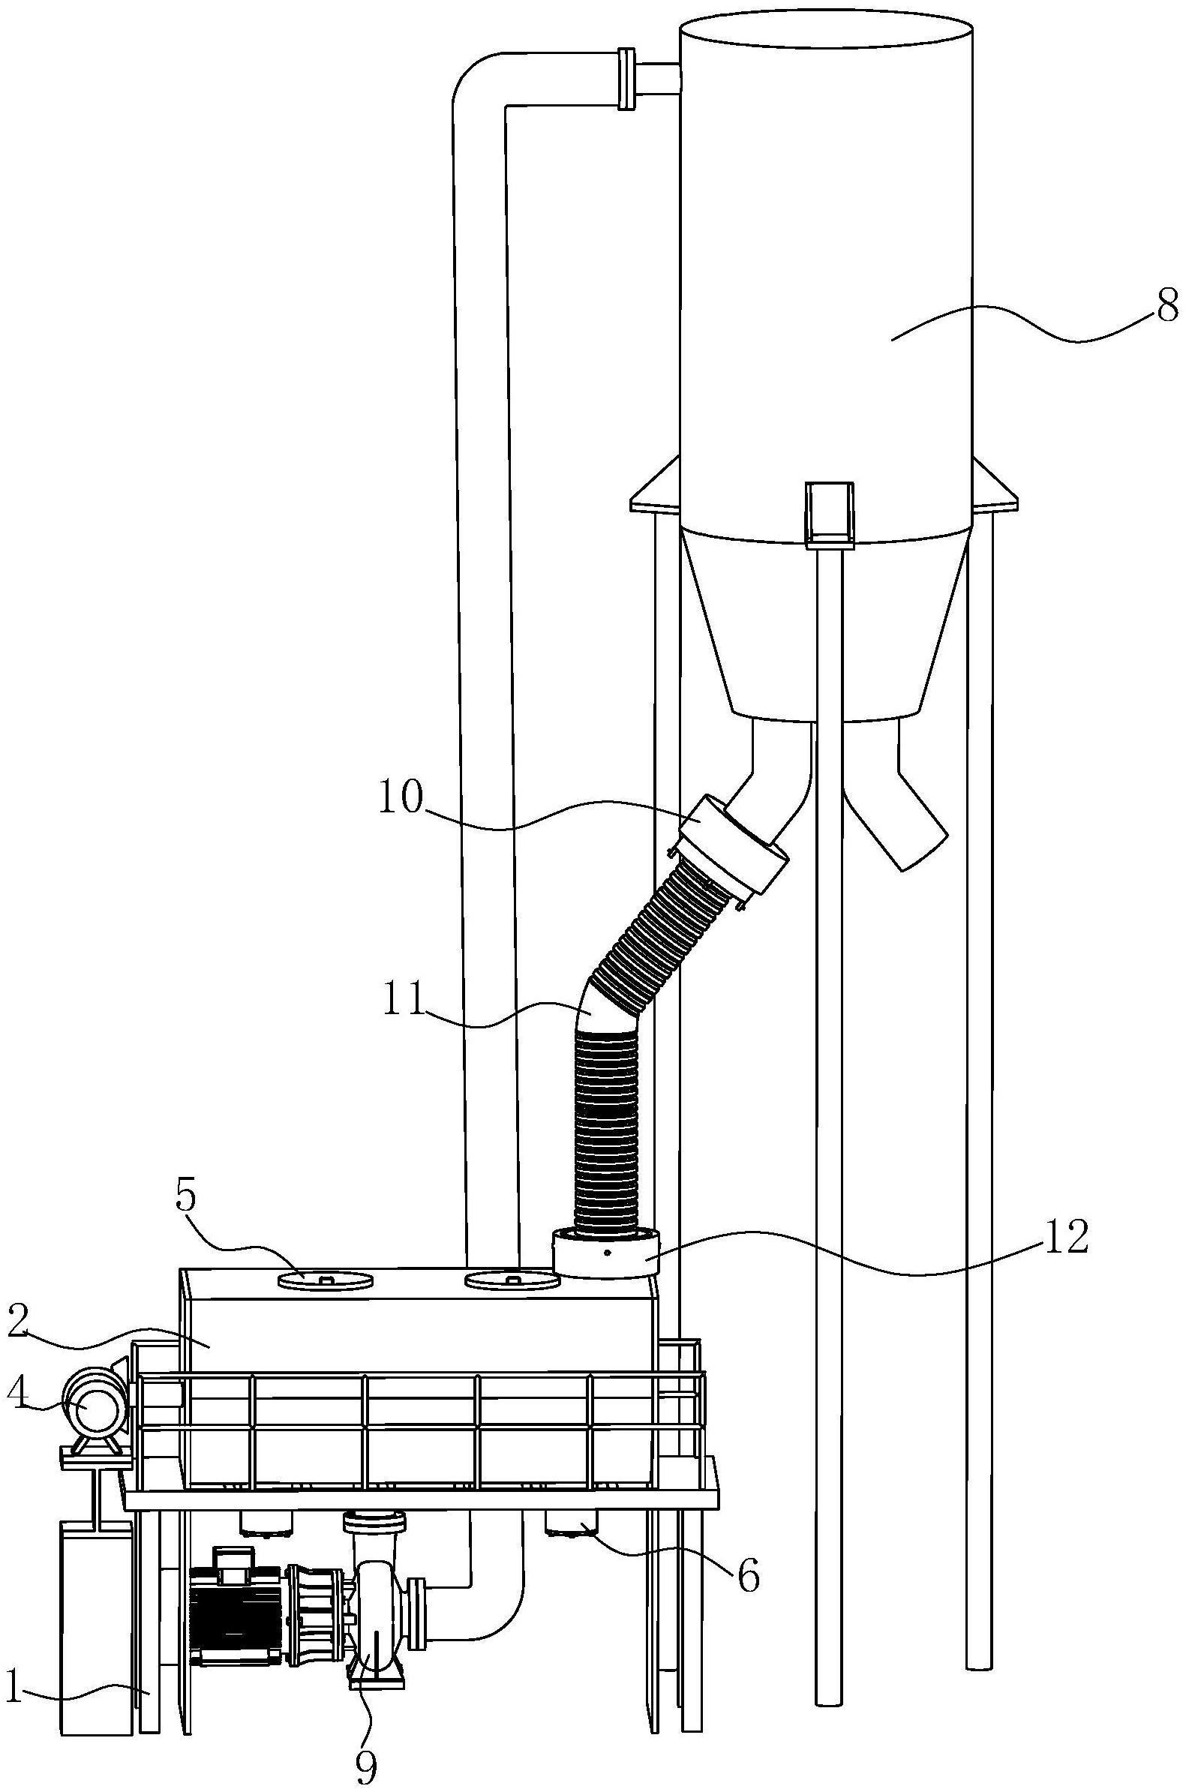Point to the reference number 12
click(x=1067, y=1237)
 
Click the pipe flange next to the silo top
click(x=626, y=79)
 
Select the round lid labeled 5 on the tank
click(x=326, y=1280)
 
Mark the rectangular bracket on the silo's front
click(x=830, y=513)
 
